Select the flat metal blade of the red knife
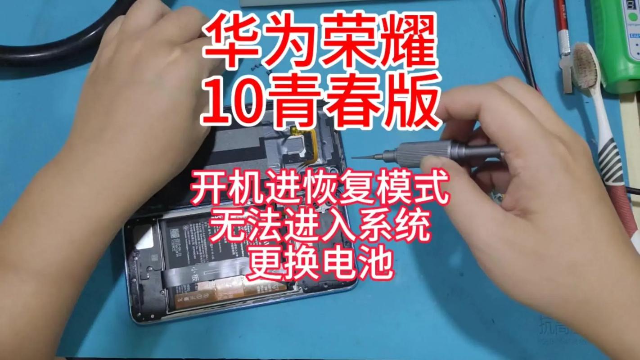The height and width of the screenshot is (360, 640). point(567,72)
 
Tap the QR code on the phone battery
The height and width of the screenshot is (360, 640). point(174,234)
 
